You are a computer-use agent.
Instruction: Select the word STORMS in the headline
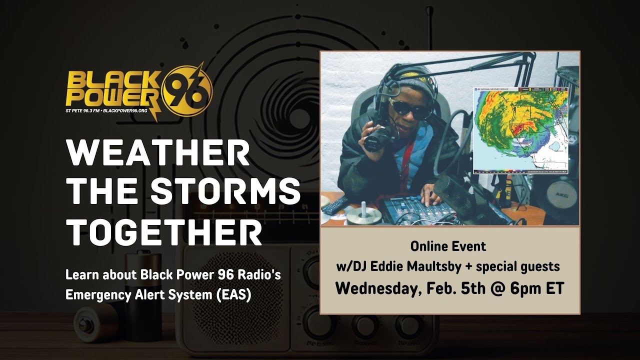pos(225,191)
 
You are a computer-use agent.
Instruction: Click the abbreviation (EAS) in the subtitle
pos(233,295)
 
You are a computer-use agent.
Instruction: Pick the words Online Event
pos(448,246)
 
